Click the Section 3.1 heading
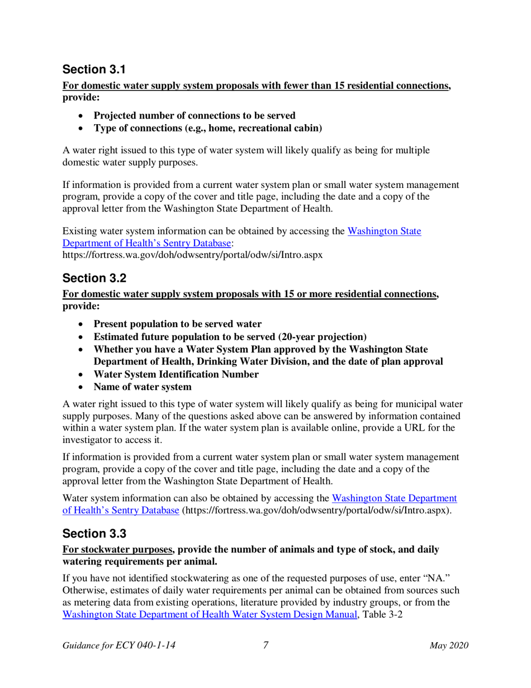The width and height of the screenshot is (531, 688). coord(95,70)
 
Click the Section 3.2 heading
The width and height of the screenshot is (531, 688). coord(95,278)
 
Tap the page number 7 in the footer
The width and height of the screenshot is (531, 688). coord(266,645)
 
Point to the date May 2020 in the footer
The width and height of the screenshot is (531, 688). coord(449,645)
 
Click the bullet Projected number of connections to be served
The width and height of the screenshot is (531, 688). coord(195,116)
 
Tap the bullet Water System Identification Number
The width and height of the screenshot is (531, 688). coord(176,374)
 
